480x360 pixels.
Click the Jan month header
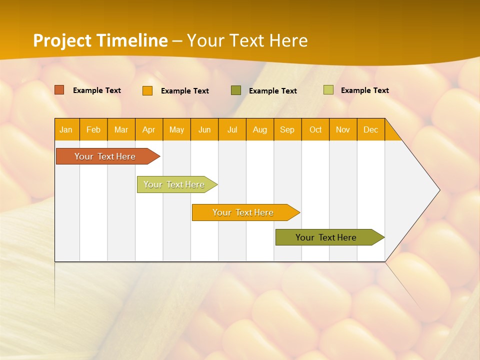(66, 129)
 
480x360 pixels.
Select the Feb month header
(93, 129)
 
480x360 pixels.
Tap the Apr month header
(148, 129)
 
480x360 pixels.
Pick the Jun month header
(204, 129)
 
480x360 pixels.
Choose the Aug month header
(259, 129)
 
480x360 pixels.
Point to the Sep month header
(287, 129)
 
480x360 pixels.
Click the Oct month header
(315, 129)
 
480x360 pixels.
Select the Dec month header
(370, 129)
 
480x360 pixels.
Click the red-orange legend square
(59, 90)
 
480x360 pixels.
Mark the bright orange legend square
(147, 90)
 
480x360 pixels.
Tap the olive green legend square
(236, 90)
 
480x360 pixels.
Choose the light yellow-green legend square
(328, 90)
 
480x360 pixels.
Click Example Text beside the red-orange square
(97, 90)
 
